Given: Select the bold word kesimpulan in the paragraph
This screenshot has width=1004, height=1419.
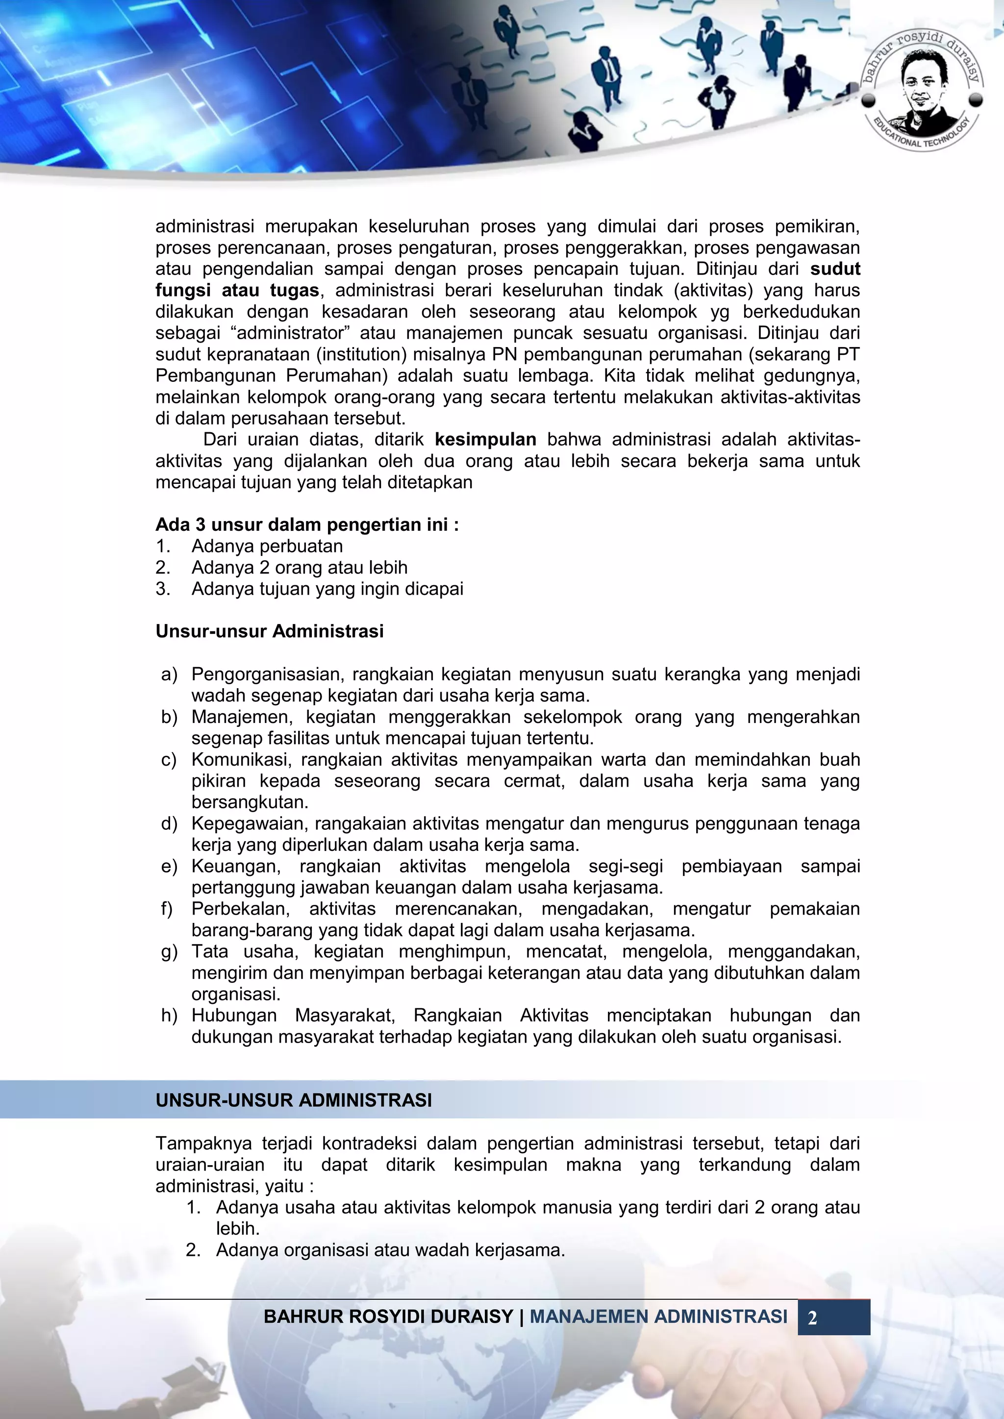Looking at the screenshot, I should click(x=485, y=439).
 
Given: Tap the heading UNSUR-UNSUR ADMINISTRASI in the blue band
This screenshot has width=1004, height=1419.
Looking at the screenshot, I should click(x=294, y=1100).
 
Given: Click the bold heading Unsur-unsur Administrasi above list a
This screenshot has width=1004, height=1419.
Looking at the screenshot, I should click(x=270, y=631).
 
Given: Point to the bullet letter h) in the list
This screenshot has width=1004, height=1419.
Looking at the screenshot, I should click(x=169, y=1016).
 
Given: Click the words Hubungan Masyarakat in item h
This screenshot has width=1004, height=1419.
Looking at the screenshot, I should click(x=292, y=1016).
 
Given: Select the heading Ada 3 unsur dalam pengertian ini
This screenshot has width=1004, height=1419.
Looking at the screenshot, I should click(x=306, y=524).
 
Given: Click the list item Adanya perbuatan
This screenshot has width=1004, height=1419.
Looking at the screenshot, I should click(x=267, y=547).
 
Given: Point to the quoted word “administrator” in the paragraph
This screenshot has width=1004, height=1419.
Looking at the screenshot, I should click(x=291, y=333).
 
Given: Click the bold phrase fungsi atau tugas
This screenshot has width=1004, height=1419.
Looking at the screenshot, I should click(x=237, y=291).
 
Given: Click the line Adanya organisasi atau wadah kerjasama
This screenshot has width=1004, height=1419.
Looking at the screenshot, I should click(x=390, y=1250).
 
